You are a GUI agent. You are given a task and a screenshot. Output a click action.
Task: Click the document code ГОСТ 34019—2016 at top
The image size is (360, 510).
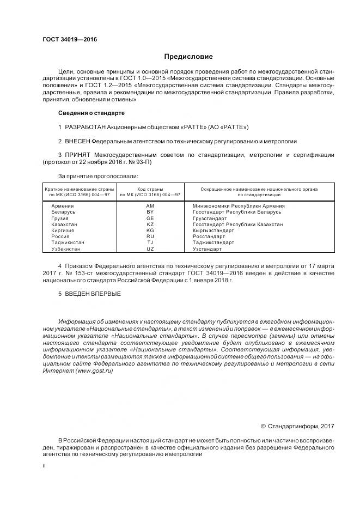(66, 40)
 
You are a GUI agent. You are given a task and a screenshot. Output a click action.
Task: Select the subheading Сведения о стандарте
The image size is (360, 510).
(91, 113)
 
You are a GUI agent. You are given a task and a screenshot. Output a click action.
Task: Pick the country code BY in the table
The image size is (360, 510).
(150, 212)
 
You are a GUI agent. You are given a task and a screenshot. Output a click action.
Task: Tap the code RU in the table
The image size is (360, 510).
(150, 237)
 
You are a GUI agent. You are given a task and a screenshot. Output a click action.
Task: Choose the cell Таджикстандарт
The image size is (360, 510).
(213, 243)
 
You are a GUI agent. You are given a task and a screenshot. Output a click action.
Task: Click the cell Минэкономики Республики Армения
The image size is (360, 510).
(239, 206)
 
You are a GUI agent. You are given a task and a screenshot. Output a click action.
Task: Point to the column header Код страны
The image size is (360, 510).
(150, 189)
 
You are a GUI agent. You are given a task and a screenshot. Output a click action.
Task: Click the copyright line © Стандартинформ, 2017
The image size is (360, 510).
(297, 426)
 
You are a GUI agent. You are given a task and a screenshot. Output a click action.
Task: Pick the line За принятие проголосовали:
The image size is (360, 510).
(98, 176)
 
